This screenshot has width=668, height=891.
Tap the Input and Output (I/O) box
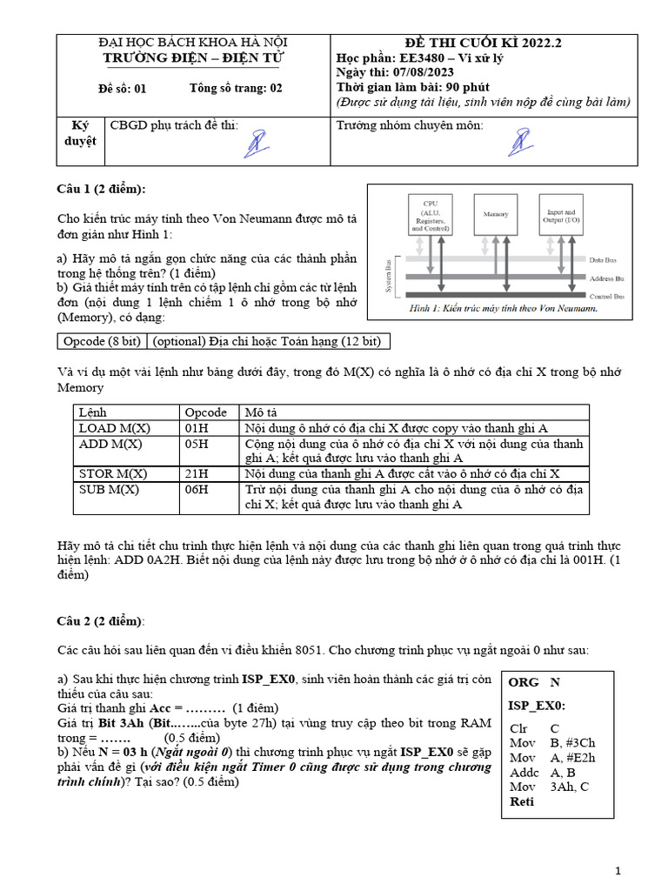click(x=560, y=214)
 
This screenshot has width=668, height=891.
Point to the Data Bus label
click(x=605, y=259)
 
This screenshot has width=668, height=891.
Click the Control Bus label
click(x=608, y=297)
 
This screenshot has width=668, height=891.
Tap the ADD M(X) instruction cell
click(x=110, y=444)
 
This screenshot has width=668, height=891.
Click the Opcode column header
click(x=205, y=412)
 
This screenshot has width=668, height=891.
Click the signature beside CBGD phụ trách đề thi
click(x=255, y=143)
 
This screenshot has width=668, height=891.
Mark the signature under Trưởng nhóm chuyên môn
click(x=521, y=143)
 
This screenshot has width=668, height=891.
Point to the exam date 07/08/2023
click(x=422, y=73)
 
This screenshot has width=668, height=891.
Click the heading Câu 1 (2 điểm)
click(x=102, y=190)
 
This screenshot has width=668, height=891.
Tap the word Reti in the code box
click(x=522, y=801)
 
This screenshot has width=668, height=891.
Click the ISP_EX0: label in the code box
click(x=537, y=706)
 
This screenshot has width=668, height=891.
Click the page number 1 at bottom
click(x=618, y=871)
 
